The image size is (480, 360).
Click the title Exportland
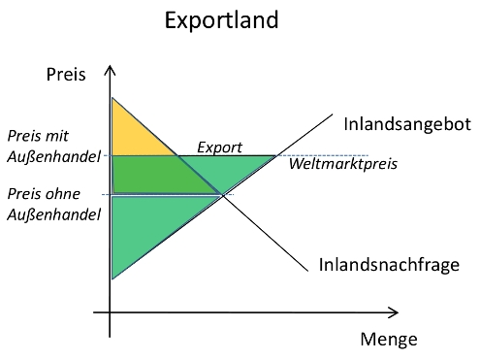pyautogui.click(x=236, y=20)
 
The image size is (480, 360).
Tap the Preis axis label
pyautogui.click(x=66, y=74)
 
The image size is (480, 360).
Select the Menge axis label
pyautogui.click(x=388, y=340)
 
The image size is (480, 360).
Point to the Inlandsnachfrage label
pyautogui.click(x=388, y=264)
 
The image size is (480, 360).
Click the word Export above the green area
pyautogui.click(x=219, y=147)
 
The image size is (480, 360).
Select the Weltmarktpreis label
pyautogui.click(x=343, y=163)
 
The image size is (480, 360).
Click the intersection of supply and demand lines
pyautogui.click(x=223, y=196)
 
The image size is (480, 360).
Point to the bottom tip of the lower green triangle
pyautogui.click(x=112, y=278)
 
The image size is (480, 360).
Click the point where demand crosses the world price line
pyautogui.click(x=176, y=155)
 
